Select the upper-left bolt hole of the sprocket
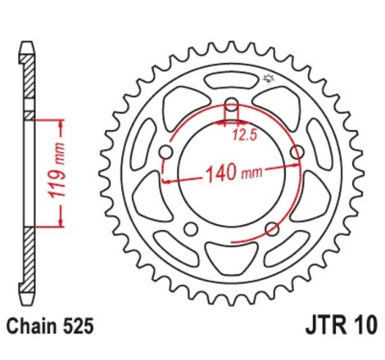click(x=168, y=153)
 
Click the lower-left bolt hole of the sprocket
click(x=192, y=229)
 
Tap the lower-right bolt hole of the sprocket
click(x=272, y=229)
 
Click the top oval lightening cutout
click(x=232, y=80)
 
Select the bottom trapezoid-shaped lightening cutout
click(x=232, y=261)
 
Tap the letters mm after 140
click(x=251, y=173)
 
